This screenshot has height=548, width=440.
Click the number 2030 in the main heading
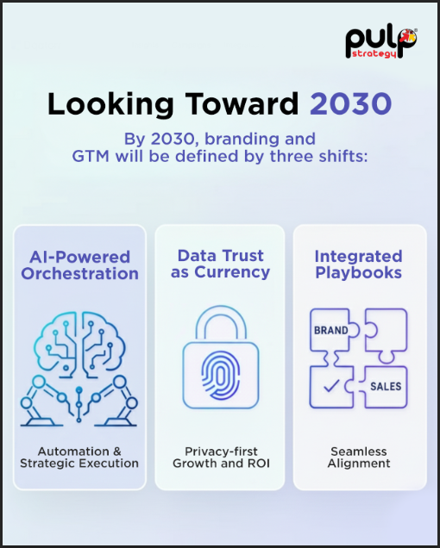351,103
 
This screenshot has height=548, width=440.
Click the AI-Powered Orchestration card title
79,265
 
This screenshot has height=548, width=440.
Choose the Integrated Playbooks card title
358,265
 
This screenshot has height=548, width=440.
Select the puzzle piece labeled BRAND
331,332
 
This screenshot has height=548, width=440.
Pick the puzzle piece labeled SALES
385,385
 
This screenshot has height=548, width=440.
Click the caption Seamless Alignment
359,457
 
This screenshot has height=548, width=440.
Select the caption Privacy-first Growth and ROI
220,457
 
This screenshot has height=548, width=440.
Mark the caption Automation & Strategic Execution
79,457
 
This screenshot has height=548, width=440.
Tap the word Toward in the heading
232,103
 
